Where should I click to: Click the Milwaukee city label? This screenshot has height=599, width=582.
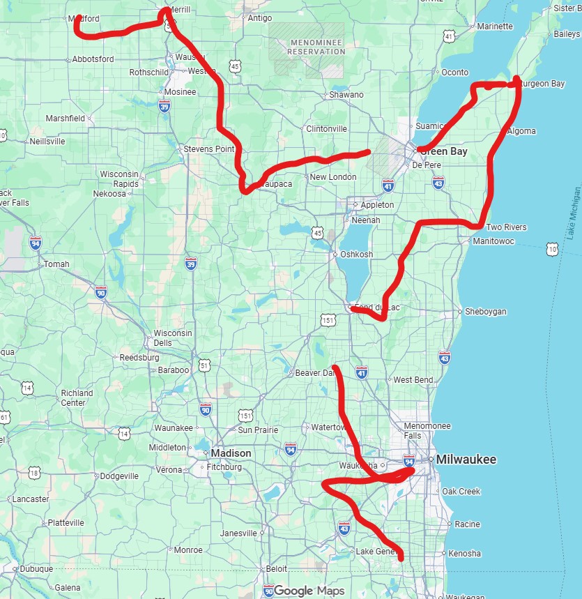tap(466, 460)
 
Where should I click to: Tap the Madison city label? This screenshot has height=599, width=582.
tap(231, 453)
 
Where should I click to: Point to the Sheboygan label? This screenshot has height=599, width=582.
tap(485, 312)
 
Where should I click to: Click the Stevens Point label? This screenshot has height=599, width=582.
tap(208, 149)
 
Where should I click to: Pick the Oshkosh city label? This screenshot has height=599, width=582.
tap(356, 255)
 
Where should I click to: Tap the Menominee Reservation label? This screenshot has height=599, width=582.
tap(307, 47)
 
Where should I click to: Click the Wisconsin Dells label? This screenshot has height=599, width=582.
tap(172, 338)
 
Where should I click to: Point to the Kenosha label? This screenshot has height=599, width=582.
tap(464, 554)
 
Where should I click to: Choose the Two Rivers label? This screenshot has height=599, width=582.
tap(506, 227)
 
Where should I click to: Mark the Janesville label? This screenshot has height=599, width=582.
tap(238, 533)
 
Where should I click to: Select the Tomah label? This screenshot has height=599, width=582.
tap(56, 264)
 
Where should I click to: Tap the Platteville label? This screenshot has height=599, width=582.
tap(66, 522)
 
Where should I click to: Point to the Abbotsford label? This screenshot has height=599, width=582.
tap(93, 59)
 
